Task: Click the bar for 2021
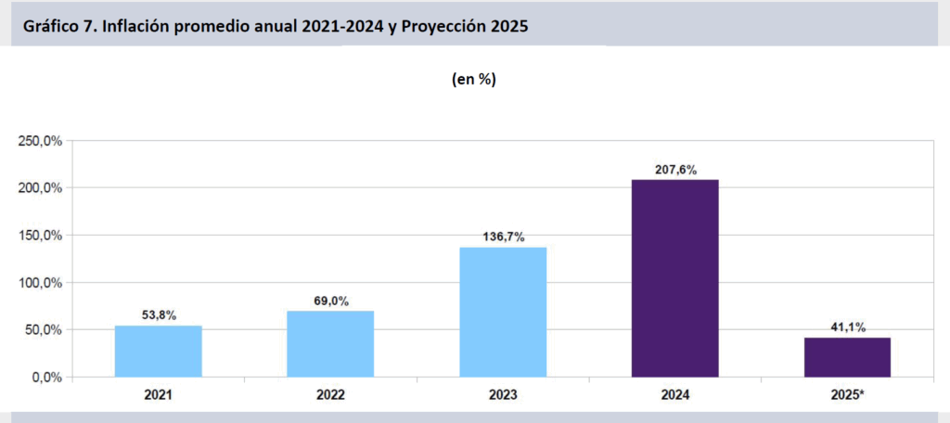pyautogui.click(x=159, y=352)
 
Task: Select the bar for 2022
pyautogui.click(x=330, y=344)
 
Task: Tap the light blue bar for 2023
pyautogui.click(x=503, y=313)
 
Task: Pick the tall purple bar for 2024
pyautogui.click(x=674, y=278)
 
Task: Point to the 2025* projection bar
pyautogui.click(x=847, y=357)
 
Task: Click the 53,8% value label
pyautogui.click(x=159, y=315)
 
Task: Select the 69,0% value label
pyautogui.click(x=330, y=301)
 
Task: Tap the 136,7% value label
pyautogui.click(x=503, y=237)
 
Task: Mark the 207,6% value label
pyautogui.click(x=674, y=170)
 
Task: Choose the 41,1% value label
pyautogui.click(x=847, y=327)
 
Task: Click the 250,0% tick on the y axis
pyautogui.click(x=40, y=141)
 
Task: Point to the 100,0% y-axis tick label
pyautogui.click(x=40, y=283)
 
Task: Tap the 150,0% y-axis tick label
pyautogui.click(x=40, y=236)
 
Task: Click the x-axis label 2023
pyautogui.click(x=503, y=394)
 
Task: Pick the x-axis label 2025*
pyautogui.click(x=847, y=394)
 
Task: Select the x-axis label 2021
pyautogui.click(x=159, y=394)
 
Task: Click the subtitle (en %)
pyautogui.click(x=474, y=80)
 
